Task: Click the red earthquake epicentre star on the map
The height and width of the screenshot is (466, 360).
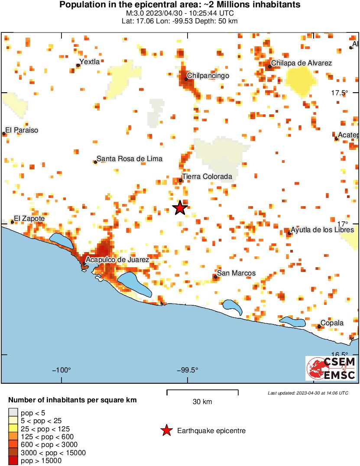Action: pos(180,208)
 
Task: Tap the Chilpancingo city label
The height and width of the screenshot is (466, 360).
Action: pos(208,76)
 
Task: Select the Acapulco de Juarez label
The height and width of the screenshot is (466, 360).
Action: pos(117,260)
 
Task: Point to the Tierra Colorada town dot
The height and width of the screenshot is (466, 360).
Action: pos(181,180)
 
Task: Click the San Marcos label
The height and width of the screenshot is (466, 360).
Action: pos(236,273)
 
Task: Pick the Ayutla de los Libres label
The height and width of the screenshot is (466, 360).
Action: pos(322,230)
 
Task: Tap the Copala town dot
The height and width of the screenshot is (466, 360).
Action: pos(319,326)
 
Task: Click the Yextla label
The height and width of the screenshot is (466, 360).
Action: pos(90,62)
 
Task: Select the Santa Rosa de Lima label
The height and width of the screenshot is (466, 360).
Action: pos(130,159)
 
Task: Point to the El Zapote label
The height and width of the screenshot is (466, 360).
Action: pos(29,219)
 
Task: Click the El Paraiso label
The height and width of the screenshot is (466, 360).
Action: pos(22,130)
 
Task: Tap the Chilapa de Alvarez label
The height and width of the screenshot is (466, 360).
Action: pos(302,63)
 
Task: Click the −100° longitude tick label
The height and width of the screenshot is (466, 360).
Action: pos(62,370)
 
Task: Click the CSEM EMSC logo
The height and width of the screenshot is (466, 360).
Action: pos(331,368)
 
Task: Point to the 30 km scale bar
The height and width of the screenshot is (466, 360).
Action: pos(202,392)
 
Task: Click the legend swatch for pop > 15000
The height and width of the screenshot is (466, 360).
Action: pos(13,461)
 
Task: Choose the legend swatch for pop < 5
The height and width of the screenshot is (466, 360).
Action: pos(13,412)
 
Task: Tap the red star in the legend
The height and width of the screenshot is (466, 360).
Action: pos(166,430)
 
